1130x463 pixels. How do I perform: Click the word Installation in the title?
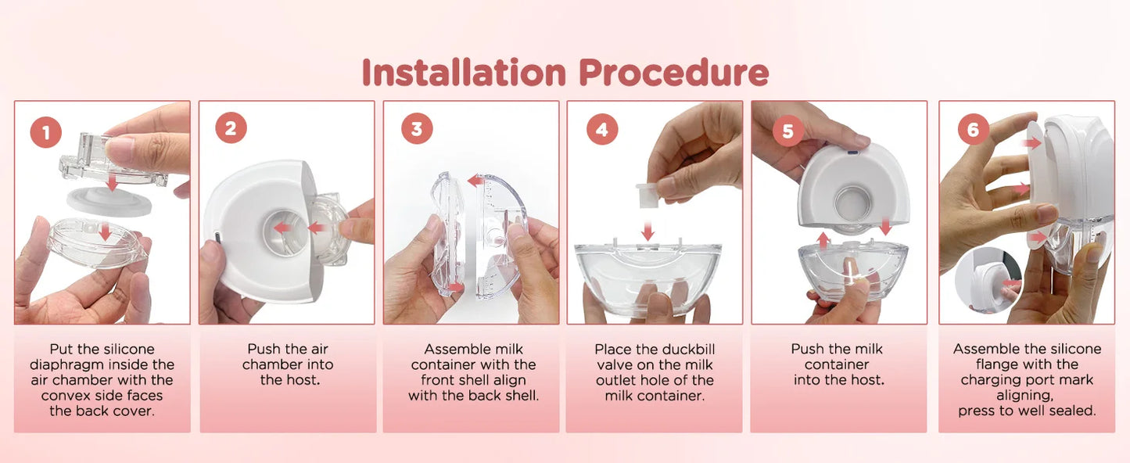coord(463,73)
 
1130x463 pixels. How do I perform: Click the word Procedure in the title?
coord(674,73)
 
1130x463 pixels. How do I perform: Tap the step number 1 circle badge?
coord(45,132)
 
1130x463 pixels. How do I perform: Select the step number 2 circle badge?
coord(230,128)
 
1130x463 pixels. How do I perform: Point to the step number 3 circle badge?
coord(416,128)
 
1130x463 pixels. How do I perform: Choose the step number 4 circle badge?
coord(601,130)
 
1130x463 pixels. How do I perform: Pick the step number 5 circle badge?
coord(787,131)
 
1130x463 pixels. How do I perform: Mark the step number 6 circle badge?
coord(973,130)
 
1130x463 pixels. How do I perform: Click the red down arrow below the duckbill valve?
coord(648,231)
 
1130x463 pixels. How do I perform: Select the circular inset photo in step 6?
coord(987,279)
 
